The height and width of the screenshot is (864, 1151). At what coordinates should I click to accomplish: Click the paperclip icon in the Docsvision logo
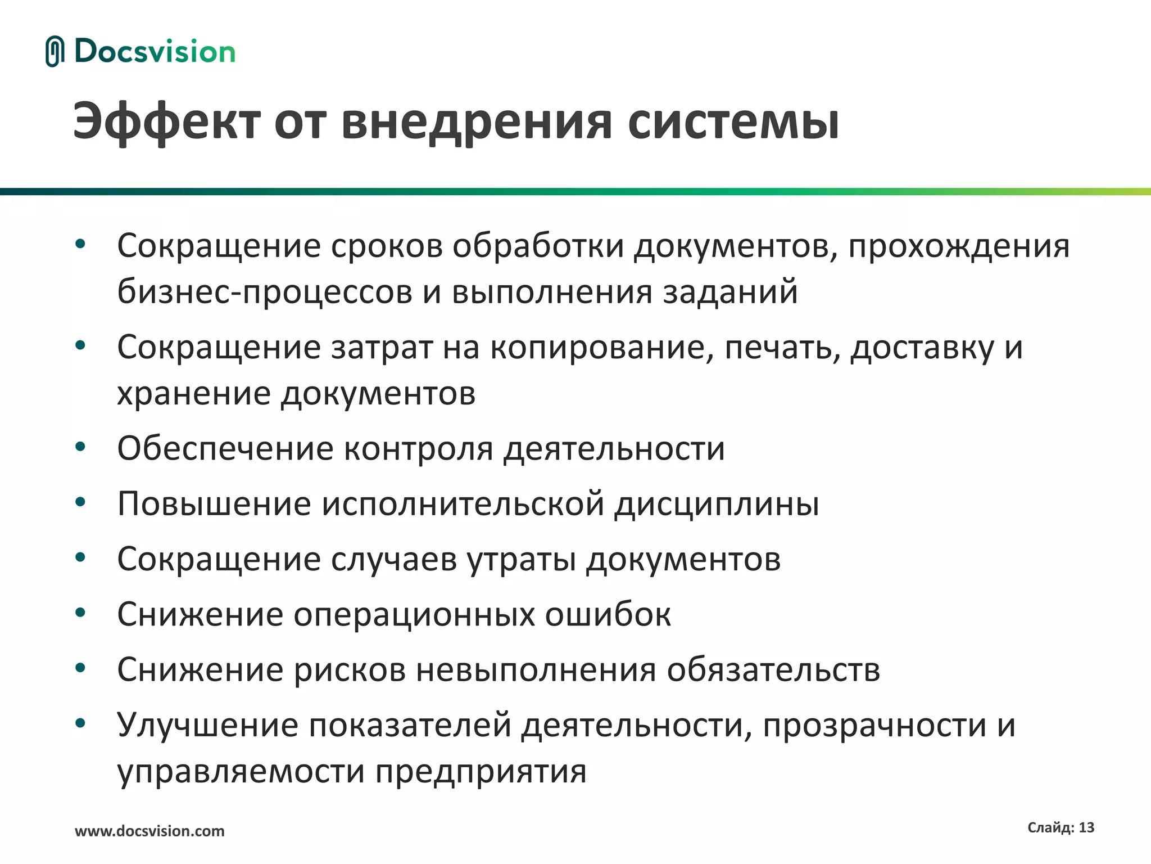click(x=55, y=52)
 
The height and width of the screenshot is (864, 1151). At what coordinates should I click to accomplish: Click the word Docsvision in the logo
click(x=155, y=52)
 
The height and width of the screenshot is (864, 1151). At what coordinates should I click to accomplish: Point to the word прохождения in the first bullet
click(x=959, y=246)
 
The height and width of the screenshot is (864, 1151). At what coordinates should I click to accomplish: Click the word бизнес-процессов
click(x=265, y=292)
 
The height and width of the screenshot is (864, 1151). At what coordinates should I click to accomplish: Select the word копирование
click(x=597, y=347)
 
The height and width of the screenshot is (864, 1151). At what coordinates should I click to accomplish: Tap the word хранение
click(x=194, y=393)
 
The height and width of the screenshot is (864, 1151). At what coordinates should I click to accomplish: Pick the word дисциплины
click(x=717, y=503)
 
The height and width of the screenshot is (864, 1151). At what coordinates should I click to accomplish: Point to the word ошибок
click(x=608, y=614)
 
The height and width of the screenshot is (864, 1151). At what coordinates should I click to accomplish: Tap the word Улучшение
click(x=208, y=725)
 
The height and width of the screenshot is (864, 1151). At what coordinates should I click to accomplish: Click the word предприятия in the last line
click(x=481, y=771)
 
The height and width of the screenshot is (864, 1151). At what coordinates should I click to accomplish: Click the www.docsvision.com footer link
click(x=149, y=831)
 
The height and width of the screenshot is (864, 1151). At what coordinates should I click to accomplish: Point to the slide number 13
click(x=1086, y=827)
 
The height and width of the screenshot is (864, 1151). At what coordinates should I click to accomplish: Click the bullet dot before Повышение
click(x=80, y=502)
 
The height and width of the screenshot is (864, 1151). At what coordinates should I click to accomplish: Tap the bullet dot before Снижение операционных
click(x=80, y=613)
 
